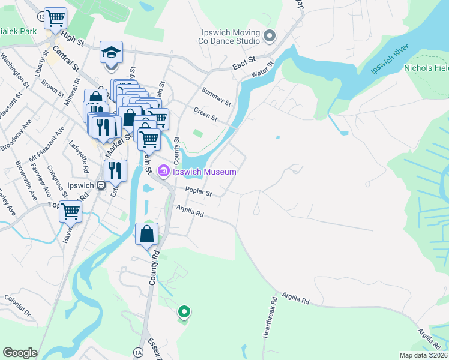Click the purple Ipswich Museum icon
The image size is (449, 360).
pyautogui.click(x=163, y=172)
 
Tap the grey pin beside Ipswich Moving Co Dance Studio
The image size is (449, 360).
pyautogui.click(x=269, y=37)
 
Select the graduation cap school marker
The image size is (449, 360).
pyautogui.click(x=112, y=53)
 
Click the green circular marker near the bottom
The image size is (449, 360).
pyautogui.click(x=185, y=311)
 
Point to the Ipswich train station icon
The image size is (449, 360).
pyautogui.click(x=100, y=185)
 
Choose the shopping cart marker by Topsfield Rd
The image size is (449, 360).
pyautogui.click(x=71, y=211)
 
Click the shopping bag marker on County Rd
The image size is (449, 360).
pyautogui.click(x=147, y=234)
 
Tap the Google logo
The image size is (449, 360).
pyautogui.click(x=20, y=353)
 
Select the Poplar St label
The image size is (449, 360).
pyautogui.click(x=199, y=193)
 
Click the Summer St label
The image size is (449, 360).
pyautogui.click(x=216, y=96)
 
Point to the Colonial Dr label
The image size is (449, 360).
pyautogui.click(x=16, y=305)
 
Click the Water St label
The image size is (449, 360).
pyautogui.click(x=262, y=69)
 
